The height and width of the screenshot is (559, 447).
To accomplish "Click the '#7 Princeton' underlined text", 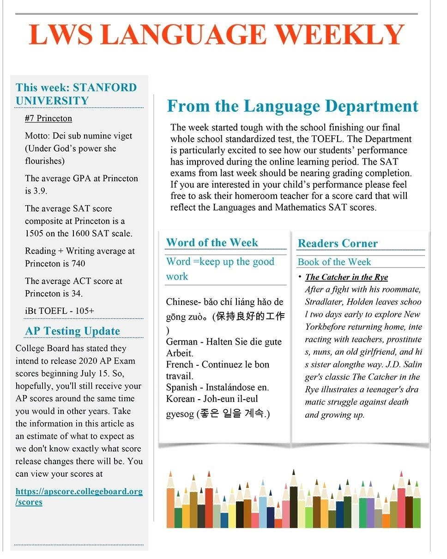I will (48, 118).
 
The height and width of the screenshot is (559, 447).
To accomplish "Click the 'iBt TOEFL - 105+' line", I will (60, 311).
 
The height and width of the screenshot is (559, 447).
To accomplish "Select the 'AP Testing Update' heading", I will (72, 331).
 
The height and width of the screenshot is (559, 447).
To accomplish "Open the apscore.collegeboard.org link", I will (79, 496).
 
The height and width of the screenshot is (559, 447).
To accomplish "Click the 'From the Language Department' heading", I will (292, 106).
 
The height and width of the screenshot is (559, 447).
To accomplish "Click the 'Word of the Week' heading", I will (212, 243).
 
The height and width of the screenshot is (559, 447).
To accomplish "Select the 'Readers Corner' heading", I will (338, 243).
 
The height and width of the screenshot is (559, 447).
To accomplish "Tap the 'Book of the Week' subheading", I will (334, 262).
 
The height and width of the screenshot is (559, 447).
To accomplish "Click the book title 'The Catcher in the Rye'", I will (346, 277).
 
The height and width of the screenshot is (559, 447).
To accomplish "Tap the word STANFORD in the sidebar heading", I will (105, 88).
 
